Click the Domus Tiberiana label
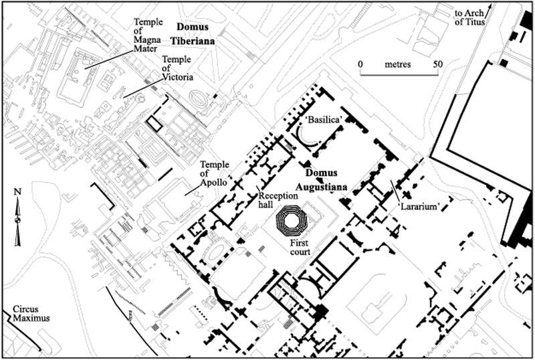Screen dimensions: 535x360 pos(193,34)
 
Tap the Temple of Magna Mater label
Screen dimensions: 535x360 pos(148,35)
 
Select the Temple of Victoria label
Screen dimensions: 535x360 pos(177,68)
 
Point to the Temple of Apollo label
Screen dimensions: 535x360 pos(213,173)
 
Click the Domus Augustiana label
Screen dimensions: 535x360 pos(322,179)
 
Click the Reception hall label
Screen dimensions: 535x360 pos(278,200)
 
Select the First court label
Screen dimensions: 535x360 pos(300,248)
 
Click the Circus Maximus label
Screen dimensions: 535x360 pos(31,314)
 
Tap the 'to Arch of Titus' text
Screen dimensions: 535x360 pos(469,17)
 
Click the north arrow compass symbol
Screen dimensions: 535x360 pos(17,221)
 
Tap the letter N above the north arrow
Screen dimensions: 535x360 pos(17,191)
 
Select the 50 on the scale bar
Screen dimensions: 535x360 pos(438,64)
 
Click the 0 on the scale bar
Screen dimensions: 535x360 pos(360,64)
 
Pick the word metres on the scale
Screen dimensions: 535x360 pos(398,64)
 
